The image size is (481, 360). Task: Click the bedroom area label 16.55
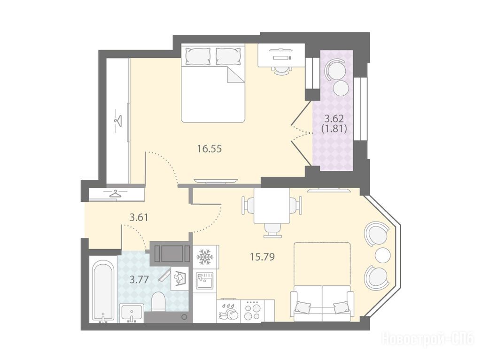209,149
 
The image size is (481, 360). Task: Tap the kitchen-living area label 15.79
262,257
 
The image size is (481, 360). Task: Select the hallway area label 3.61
139,218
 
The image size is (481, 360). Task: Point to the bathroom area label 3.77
139,280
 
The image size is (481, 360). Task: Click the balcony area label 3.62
334,118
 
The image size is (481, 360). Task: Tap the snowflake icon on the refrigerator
205,257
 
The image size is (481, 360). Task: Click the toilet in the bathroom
159,301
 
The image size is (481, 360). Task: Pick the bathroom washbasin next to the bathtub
132,313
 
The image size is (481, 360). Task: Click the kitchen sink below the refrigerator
204,281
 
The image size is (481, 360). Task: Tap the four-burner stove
252,311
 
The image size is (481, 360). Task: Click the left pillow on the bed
199,56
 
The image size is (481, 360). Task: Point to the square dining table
272,206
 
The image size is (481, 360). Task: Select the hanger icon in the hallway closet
116,194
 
